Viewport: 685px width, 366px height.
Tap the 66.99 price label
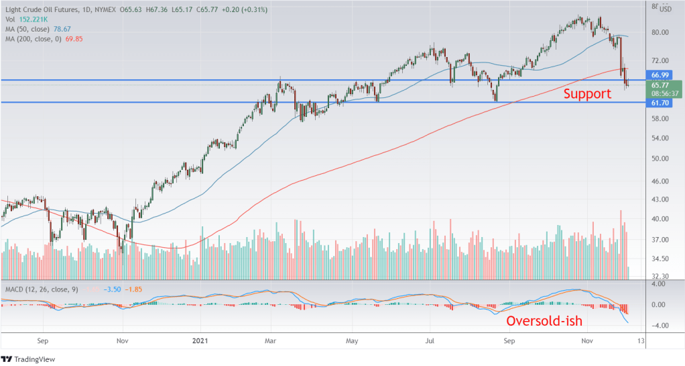[x=660, y=74]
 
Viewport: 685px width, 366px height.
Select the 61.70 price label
[x=660, y=102]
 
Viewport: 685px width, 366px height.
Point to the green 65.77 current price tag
[x=660, y=85]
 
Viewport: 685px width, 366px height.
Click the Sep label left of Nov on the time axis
[x=43, y=340]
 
